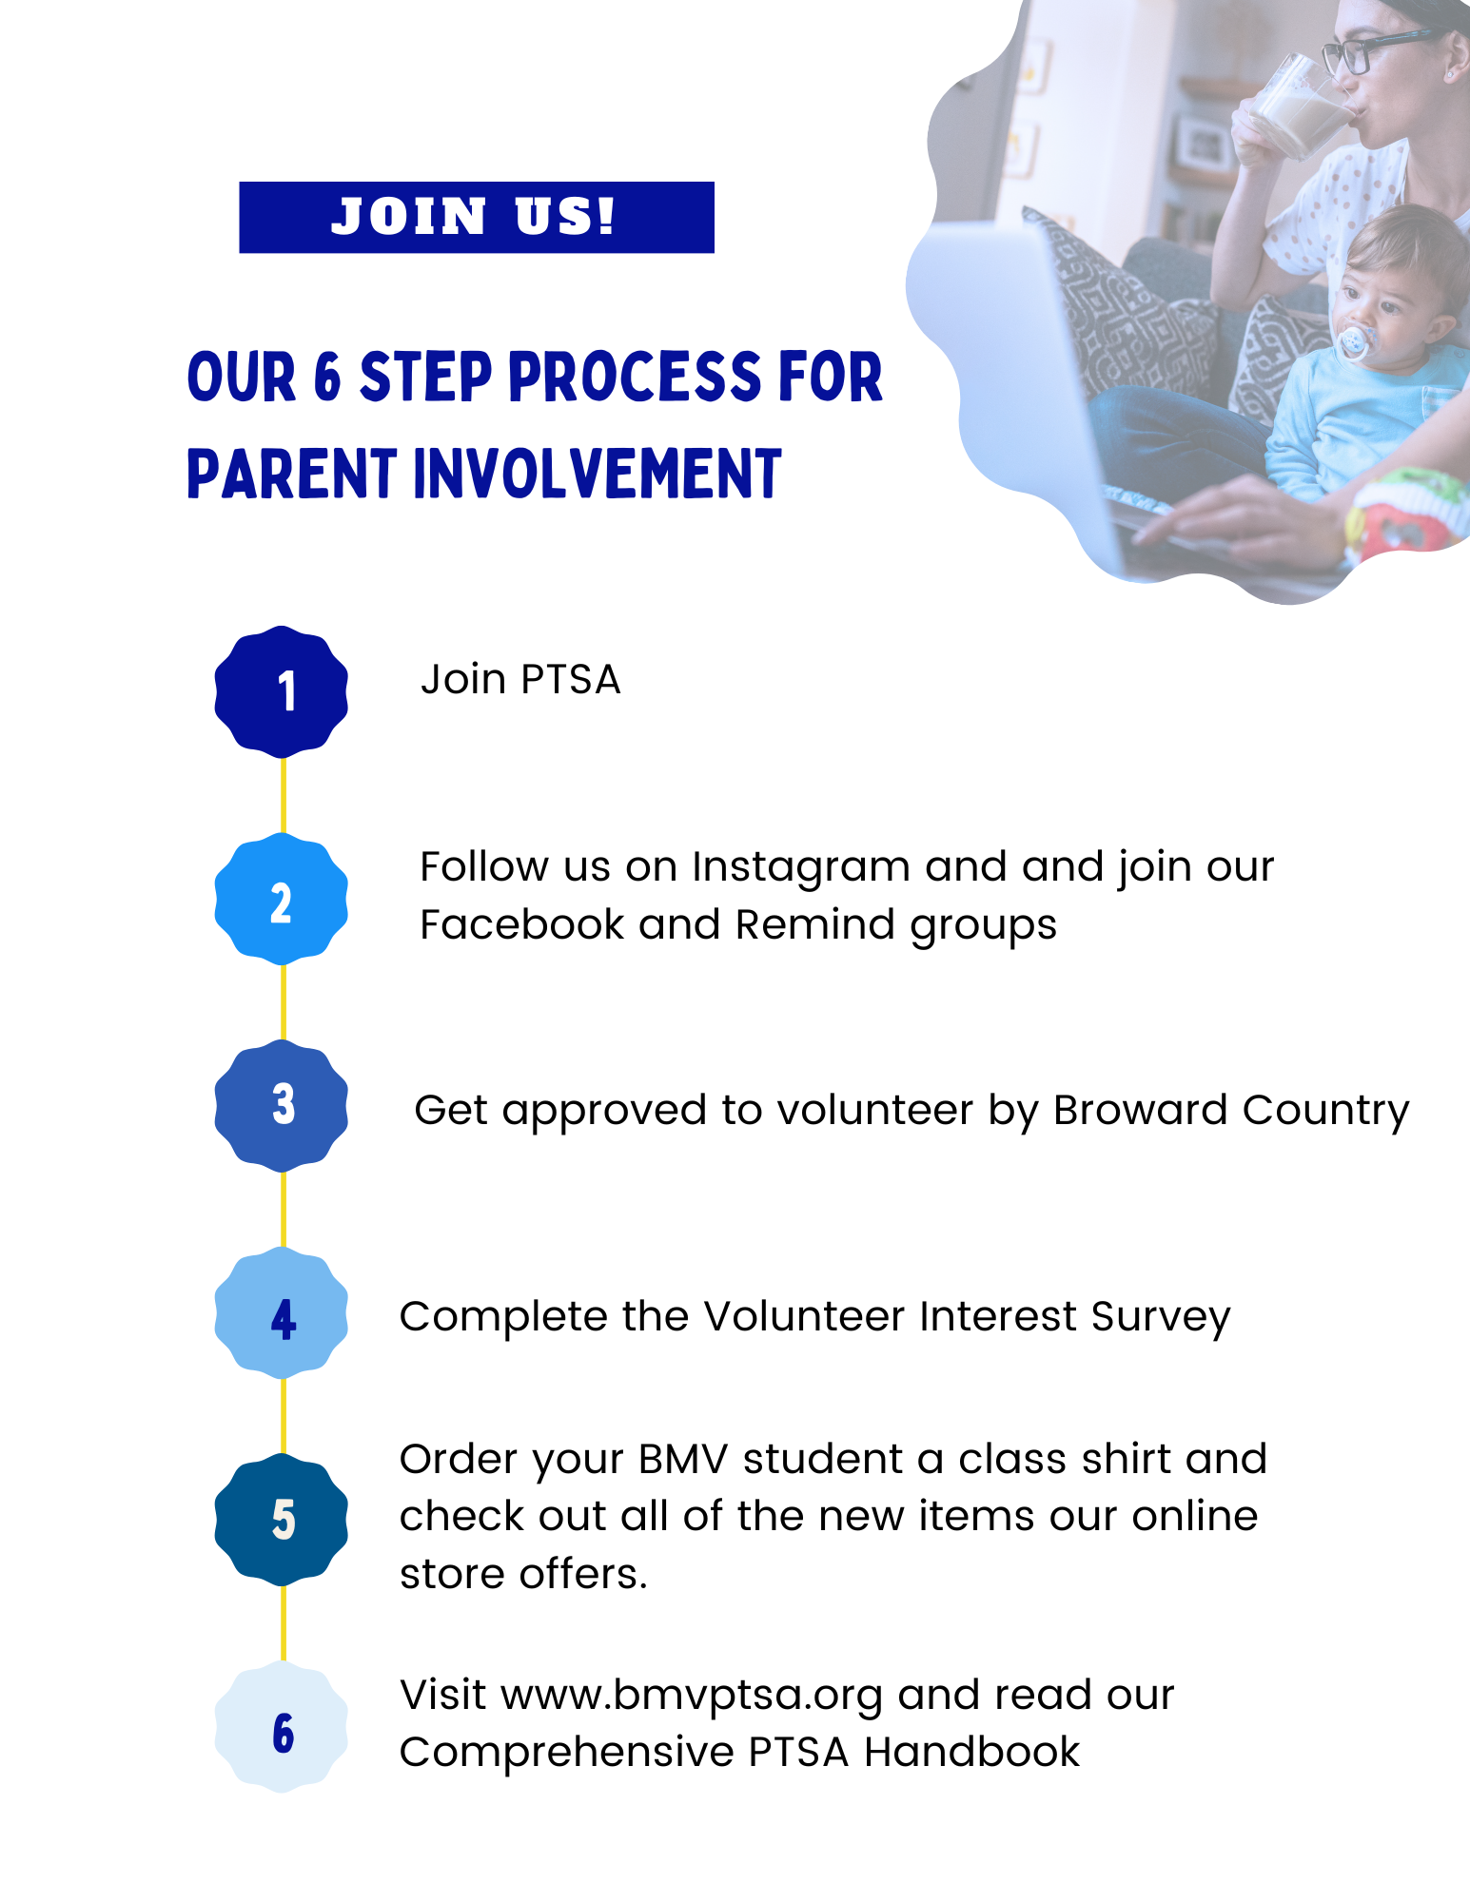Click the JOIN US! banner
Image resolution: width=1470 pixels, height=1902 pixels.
click(476, 217)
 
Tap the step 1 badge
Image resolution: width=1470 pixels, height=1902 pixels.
click(282, 691)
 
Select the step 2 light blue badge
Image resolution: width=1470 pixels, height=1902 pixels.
click(282, 899)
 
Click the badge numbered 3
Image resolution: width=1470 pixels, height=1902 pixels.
click(282, 1105)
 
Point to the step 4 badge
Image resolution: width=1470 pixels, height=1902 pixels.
click(282, 1312)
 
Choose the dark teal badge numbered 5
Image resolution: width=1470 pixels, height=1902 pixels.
click(282, 1519)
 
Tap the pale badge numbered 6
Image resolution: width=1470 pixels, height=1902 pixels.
click(282, 1726)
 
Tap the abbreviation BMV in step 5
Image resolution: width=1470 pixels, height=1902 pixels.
click(683, 1459)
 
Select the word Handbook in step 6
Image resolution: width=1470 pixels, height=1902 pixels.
click(972, 1752)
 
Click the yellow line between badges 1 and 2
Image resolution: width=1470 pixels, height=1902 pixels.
click(283, 795)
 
